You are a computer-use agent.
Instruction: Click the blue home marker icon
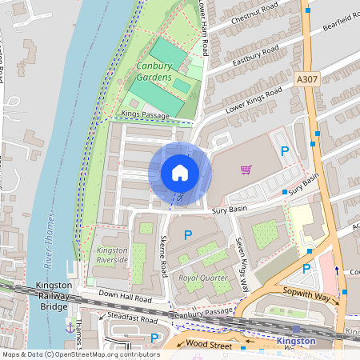180,173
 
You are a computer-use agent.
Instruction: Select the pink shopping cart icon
246,170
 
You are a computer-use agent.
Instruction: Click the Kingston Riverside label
112,255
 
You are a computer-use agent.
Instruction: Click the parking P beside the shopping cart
283,151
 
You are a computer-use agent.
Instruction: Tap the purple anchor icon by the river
70,328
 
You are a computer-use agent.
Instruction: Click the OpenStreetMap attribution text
80,354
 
